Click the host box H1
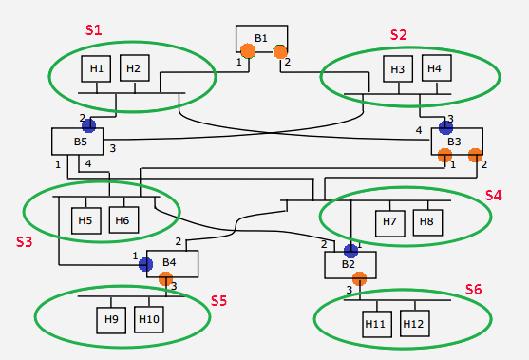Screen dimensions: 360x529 point(96,68)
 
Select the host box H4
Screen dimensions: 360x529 point(433,68)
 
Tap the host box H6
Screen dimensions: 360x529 point(123,221)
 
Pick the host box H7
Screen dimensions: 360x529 point(389,221)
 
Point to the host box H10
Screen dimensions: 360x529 point(149,319)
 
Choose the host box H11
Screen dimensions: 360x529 point(376,324)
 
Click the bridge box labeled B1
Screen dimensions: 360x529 point(261,38)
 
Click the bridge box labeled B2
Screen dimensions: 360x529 point(350,264)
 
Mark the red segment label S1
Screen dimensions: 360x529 point(93,30)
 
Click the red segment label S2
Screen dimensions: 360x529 point(398,34)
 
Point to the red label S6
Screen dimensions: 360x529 point(473,289)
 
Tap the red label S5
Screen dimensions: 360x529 point(218,300)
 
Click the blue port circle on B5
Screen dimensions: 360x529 point(88,125)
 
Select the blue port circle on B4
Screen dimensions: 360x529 point(146,264)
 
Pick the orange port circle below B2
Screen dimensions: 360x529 point(359,278)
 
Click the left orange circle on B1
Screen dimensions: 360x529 point(247,51)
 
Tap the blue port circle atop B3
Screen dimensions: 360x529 point(445,126)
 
